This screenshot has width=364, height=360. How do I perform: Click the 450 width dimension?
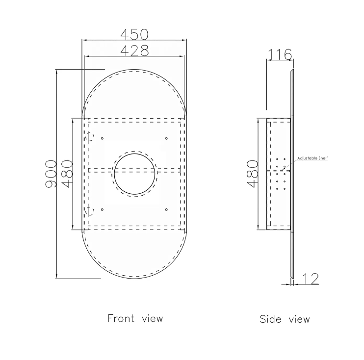[x=134, y=34]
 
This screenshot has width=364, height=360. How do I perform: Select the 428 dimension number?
[x=134, y=51]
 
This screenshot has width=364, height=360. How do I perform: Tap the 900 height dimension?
[x=51, y=174]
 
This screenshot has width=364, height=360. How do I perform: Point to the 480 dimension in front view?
[x=67, y=174]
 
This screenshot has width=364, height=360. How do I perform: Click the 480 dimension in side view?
[x=253, y=174]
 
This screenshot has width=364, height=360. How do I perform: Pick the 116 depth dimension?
[x=280, y=54]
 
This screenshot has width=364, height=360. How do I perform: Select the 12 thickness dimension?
[x=311, y=279]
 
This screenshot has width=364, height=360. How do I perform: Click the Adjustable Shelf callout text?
[x=312, y=158]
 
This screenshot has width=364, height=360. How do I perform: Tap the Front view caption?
[x=135, y=318]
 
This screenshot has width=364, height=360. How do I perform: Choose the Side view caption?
[x=285, y=319]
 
